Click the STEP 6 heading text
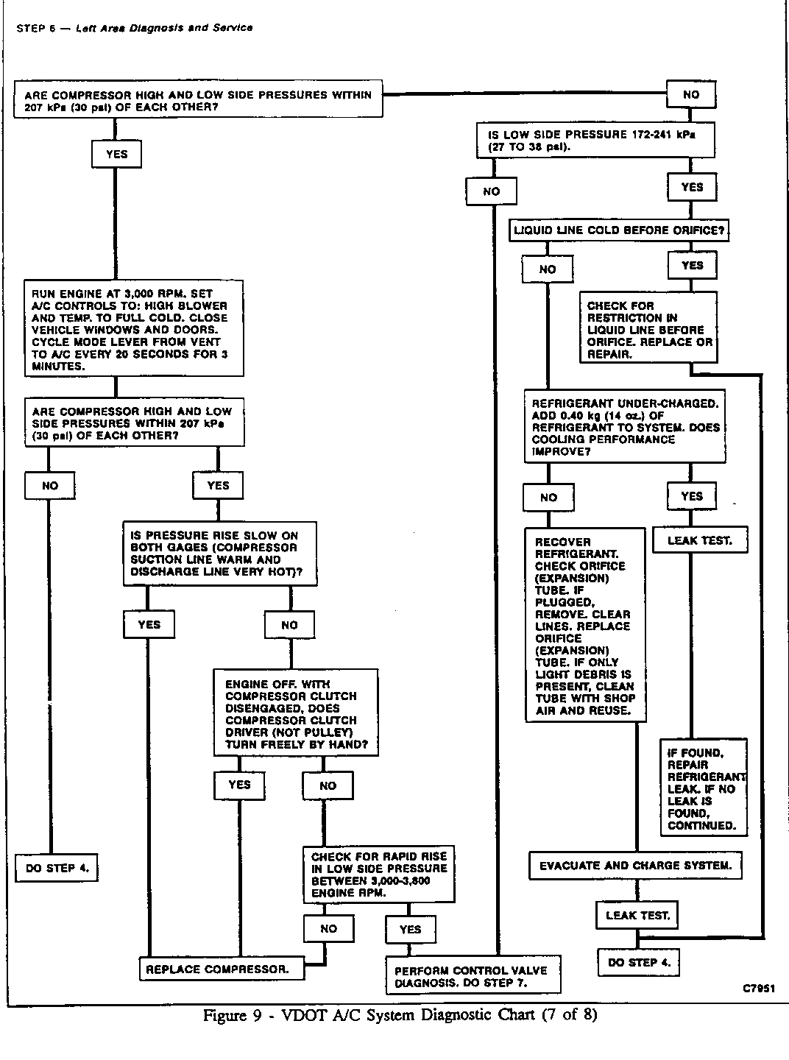pos(134,28)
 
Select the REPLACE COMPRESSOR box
pos(216,969)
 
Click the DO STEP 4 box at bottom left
pos(57,868)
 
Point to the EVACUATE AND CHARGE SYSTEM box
pos(635,866)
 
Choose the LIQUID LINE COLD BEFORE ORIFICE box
pos(619,230)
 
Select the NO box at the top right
pos(691,95)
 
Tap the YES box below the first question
pos(116,155)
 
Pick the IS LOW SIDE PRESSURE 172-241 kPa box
pos(595,140)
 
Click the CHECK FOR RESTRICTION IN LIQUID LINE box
pos(648,329)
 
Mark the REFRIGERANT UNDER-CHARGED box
pos(625,427)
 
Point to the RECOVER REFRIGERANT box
pos(585,626)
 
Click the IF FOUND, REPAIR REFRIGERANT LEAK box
pos(703,788)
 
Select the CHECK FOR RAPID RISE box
pos(378,875)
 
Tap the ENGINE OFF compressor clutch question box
pos(296,713)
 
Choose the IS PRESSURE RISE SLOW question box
pos(220,554)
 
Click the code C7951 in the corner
pos(757,989)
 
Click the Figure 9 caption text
pos(400,1016)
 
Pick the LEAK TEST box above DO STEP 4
pos(637,916)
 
